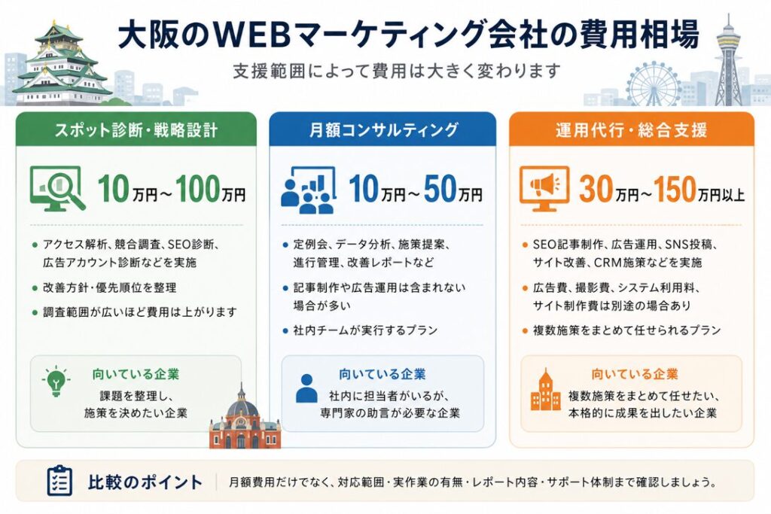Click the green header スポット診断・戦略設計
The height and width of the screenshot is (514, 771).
[136, 130]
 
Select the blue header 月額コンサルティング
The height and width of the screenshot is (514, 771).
[382, 130]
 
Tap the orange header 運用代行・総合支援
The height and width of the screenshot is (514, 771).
[632, 130]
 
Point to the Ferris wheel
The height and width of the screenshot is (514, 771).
[654, 84]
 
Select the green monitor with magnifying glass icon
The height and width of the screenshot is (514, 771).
[57, 188]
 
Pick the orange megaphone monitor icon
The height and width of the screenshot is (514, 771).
[544, 188]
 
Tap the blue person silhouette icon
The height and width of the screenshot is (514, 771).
[307, 388]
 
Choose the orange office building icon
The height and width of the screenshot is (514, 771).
[546, 390]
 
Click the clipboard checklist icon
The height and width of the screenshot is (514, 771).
[59, 480]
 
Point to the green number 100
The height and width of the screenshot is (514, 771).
[198, 189]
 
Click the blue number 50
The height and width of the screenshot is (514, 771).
[440, 189]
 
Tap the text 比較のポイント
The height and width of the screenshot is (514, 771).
[145, 482]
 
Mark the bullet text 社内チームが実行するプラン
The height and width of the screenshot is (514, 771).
[365, 330]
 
